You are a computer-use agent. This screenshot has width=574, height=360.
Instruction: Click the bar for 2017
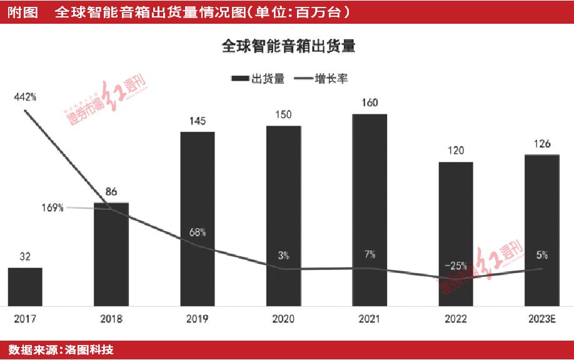coord(25,287)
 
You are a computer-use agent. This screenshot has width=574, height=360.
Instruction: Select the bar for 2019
coord(198,219)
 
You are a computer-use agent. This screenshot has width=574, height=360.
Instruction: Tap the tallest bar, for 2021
coord(370,210)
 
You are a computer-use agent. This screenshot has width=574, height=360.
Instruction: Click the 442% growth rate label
coord(25,97)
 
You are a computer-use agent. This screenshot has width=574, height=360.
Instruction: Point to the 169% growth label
coord(53,208)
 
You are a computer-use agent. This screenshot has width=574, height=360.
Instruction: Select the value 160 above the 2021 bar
coord(370,103)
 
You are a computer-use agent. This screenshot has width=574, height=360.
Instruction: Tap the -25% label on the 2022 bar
coord(455,266)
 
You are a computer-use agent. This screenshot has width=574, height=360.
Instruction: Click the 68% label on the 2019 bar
coord(198,232)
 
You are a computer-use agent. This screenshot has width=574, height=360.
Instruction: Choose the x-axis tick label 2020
coord(283,319)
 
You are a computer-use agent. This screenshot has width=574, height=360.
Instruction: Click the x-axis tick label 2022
coord(455,319)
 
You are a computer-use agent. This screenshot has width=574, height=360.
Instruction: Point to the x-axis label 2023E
coord(541,319)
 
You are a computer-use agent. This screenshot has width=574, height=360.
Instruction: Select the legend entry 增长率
coord(331,79)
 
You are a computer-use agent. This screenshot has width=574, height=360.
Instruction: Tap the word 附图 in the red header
coord(21,12)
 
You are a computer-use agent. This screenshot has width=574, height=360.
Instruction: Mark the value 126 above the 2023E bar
coord(541,144)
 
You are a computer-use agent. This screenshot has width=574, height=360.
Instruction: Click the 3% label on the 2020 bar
coord(283,255)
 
